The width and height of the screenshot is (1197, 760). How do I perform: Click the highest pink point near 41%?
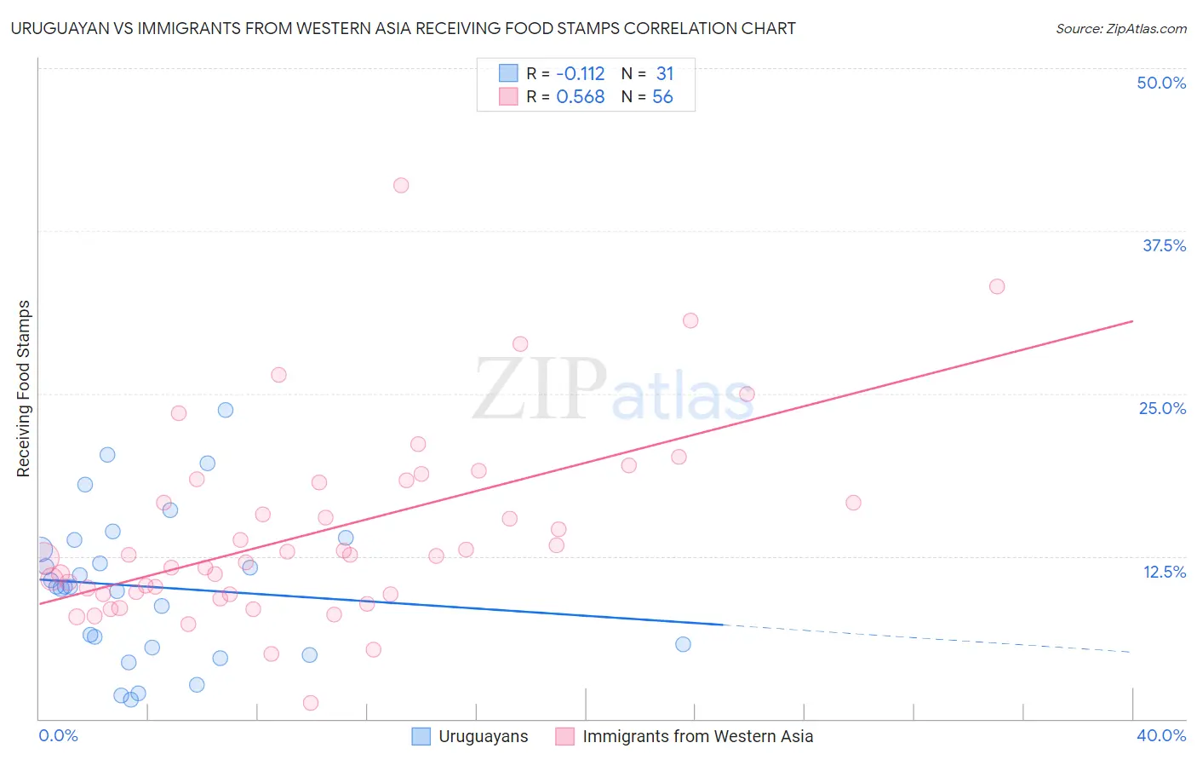click(401, 185)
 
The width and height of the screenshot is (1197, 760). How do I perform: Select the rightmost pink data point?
click(997, 286)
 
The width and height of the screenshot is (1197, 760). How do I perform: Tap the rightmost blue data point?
click(683, 644)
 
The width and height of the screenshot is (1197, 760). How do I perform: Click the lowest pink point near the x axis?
click(311, 703)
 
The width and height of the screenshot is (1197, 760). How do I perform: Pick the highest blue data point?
click(226, 410)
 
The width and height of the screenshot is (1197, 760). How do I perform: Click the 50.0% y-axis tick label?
click(1161, 83)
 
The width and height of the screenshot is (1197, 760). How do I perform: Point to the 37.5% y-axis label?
click(1164, 245)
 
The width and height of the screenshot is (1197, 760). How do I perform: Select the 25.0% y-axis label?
click(1162, 408)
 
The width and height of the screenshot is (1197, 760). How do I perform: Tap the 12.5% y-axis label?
click(1164, 572)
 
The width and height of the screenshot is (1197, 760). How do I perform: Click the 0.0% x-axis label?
click(58, 735)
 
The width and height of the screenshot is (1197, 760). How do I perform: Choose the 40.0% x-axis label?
click(1161, 735)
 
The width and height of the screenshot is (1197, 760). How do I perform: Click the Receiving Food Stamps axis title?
click(23, 389)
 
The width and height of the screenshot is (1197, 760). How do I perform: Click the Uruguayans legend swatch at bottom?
click(421, 736)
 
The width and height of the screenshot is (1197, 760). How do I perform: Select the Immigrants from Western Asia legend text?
click(697, 736)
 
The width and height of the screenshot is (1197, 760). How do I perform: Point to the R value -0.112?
click(580, 74)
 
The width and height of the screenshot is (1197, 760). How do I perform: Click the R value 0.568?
click(580, 97)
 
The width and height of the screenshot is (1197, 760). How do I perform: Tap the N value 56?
click(662, 97)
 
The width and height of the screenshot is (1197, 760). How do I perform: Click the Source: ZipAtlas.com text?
click(1120, 29)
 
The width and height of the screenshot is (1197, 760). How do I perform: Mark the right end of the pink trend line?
click(1132, 321)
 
